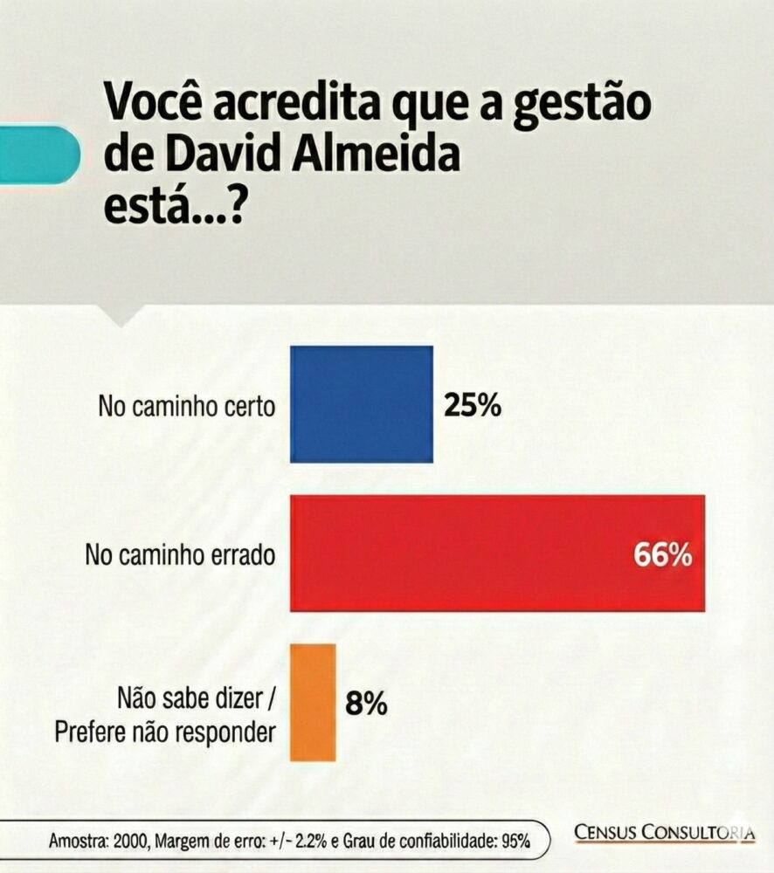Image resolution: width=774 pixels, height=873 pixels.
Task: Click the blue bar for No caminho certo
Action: click(362, 404)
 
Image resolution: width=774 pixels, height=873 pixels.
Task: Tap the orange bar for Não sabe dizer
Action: click(314, 701)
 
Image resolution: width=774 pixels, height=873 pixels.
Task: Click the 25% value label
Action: click(473, 405)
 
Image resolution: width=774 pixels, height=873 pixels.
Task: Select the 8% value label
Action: click(366, 703)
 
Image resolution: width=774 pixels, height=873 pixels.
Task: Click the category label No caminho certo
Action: click(187, 406)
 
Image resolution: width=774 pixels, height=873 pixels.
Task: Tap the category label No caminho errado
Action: click(179, 554)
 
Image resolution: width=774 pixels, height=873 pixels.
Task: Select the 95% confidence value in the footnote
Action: click(515, 842)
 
